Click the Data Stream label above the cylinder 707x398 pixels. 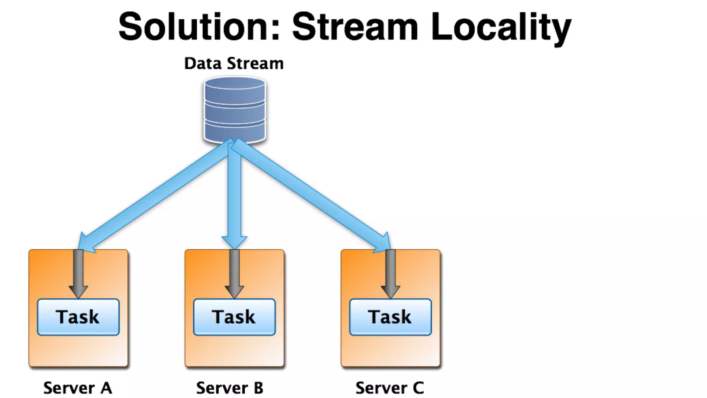coord(234,64)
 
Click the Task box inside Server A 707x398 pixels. coord(78,317)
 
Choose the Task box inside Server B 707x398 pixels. coord(234,317)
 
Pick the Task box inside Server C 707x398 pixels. coord(390,317)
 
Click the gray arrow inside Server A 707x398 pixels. coord(78,273)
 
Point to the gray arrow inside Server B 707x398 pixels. coord(234,273)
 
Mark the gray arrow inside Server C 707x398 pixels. coord(390,273)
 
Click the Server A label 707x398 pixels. coord(78,388)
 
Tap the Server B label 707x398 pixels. coord(230,388)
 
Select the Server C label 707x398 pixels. coord(390,388)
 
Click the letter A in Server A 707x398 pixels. coord(106,388)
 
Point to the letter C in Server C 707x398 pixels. coord(418,388)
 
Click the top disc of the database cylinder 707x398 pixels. coord(235,83)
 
